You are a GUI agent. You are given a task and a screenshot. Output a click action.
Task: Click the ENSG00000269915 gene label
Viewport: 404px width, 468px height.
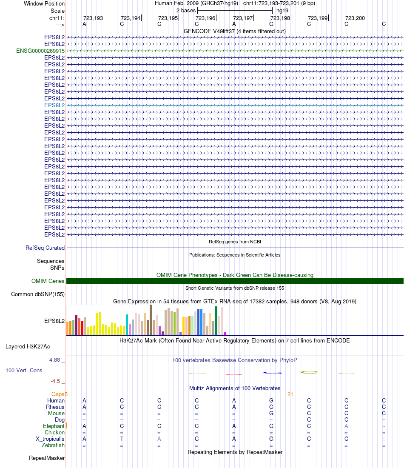(40, 51)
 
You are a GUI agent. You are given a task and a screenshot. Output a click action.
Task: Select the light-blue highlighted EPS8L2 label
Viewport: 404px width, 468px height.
(54, 105)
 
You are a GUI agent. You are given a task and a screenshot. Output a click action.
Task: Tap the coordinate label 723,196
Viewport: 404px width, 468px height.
(205, 18)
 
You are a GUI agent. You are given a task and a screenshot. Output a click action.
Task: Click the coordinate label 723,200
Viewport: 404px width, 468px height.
(355, 18)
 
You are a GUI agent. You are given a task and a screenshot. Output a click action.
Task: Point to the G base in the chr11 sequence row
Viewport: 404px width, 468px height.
(271, 24)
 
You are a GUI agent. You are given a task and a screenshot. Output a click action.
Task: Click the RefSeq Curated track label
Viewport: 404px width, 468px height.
(45, 248)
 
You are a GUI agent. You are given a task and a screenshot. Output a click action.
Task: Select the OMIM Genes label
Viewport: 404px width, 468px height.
(48, 281)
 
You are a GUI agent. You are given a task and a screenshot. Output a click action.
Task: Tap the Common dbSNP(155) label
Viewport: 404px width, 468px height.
(38, 294)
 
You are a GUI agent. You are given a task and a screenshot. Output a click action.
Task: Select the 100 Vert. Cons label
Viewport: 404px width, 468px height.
(24, 370)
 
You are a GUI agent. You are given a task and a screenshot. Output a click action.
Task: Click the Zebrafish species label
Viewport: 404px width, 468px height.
(53, 445)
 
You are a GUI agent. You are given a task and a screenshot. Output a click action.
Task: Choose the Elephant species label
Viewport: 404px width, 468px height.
(54, 426)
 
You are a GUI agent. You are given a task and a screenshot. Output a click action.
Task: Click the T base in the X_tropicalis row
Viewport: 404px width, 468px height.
(122, 439)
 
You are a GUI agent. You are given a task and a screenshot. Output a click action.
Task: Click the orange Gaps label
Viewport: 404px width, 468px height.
(59, 394)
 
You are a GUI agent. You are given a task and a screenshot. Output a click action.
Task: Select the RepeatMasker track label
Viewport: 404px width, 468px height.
(47, 458)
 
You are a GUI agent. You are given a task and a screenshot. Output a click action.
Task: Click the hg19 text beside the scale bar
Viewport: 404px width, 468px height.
(282, 10)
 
